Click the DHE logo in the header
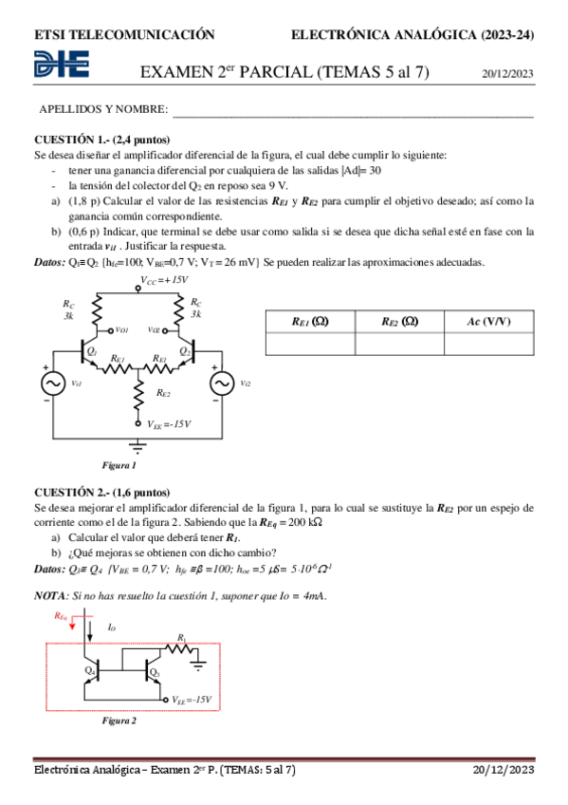[x=62, y=66]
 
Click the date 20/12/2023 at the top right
[x=508, y=72]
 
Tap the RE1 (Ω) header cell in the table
[x=309, y=321]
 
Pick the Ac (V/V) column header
[x=488, y=321]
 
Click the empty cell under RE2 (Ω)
[x=398, y=343]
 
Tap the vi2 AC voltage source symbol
[x=222, y=382]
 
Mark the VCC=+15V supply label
[x=163, y=280]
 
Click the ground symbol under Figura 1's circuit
[x=138, y=443]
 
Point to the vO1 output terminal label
[x=121, y=330]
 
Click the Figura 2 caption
[x=119, y=721]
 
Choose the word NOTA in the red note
[x=49, y=594]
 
